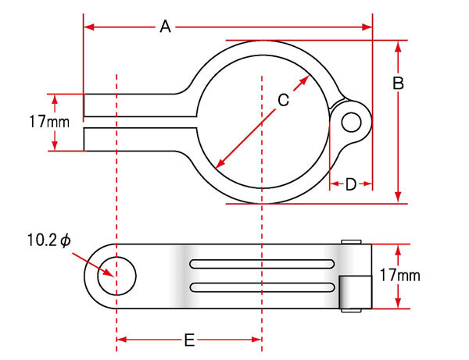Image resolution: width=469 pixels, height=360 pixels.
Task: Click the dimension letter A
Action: pyautogui.click(x=165, y=27)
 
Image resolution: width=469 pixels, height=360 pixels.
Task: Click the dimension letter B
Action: pyautogui.click(x=398, y=83)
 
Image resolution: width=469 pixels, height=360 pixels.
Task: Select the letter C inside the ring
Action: pyautogui.click(x=283, y=100)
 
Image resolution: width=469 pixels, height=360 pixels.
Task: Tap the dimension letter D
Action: pyautogui.click(x=351, y=184)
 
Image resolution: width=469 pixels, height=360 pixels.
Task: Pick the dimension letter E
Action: pyautogui.click(x=189, y=340)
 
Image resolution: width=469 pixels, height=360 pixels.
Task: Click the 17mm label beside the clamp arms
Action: pyautogui.click(x=49, y=122)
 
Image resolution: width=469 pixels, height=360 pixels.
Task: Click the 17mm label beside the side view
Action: pyautogui.click(x=400, y=275)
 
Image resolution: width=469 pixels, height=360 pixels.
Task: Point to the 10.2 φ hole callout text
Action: pyautogui.click(x=49, y=241)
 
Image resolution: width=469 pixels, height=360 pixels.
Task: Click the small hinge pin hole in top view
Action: pyautogui.click(x=351, y=123)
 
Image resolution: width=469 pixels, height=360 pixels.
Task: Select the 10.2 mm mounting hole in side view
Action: pyautogui.click(x=117, y=276)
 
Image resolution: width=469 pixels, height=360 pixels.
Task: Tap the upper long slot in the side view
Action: pyautogui.click(x=262, y=264)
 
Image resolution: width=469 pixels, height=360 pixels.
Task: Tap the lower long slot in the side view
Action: pyautogui.click(x=262, y=287)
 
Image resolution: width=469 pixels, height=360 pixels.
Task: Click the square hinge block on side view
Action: pyautogui.click(x=356, y=293)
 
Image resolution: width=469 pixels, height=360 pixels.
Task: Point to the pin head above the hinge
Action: pyautogui.click(x=352, y=242)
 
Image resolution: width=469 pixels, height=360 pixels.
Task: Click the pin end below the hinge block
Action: pyautogui.click(x=352, y=310)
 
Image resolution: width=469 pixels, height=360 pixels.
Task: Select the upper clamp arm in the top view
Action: pyautogui.click(x=140, y=105)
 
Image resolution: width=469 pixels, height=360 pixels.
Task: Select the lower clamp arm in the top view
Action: pyautogui.click(x=140, y=140)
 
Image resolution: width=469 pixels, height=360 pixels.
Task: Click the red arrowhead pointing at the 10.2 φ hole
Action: pyautogui.click(x=108, y=273)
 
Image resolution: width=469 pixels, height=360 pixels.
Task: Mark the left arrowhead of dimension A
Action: pyautogui.click(x=89, y=27)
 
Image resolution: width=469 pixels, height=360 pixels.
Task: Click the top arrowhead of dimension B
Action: pyautogui.click(x=398, y=47)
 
